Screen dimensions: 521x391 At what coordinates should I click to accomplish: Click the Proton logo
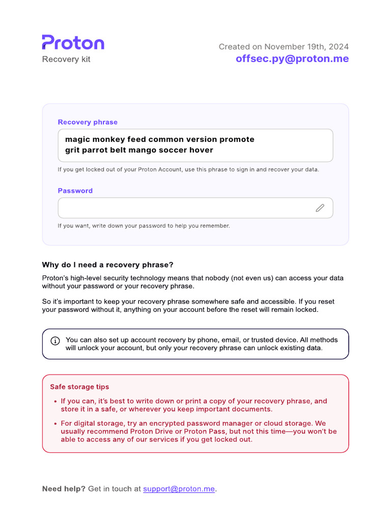pyautogui.click(x=73, y=43)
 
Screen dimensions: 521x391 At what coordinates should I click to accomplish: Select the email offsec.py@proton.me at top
pyautogui.click(x=292, y=59)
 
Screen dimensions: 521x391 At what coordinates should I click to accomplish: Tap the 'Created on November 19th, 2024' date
pyautogui.click(x=284, y=47)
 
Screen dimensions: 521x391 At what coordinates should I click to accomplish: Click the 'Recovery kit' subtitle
pyautogui.click(x=66, y=59)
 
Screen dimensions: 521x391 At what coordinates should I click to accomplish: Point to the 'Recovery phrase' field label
pyautogui.click(x=88, y=122)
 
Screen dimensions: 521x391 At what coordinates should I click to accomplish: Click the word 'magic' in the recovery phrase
pyautogui.click(x=76, y=139)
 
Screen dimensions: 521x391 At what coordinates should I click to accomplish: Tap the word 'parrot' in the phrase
pyautogui.click(x=96, y=150)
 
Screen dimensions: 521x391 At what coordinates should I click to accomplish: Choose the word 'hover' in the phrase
pyautogui.click(x=202, y=150)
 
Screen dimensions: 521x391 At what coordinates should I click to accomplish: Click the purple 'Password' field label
pyautogui.click(x=75, y=191)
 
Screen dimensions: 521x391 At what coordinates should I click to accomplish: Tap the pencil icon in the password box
pyautogui.click(x=320, y=208)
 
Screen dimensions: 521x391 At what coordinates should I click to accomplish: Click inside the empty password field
pyautogui.click(x=183, y=208)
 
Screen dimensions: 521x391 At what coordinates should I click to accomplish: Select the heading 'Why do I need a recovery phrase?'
pyautogui.click(x=107, y=265)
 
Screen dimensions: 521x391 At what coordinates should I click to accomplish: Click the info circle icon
pyautogui.click(x=55, y=340)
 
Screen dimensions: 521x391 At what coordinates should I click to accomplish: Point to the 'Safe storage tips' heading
pyautogui.click(x=79, y=387)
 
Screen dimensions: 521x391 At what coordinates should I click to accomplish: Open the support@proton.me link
pyautogui.click(x=179, y=489)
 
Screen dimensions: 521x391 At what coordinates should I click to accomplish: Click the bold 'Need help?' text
pyautogui.click(x=64, y=489)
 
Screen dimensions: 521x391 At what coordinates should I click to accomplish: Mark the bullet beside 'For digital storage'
pyautogui.click(x=55, y=423)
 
